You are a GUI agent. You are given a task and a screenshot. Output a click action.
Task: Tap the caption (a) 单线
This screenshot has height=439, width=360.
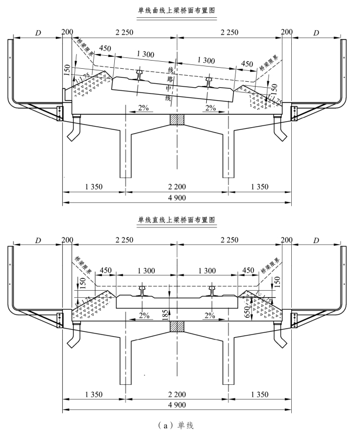point(177,425)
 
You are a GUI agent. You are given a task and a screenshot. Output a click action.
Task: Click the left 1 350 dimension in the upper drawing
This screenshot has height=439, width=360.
point(94,187)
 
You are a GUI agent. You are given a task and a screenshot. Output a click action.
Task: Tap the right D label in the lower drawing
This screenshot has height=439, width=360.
point(317,240)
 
